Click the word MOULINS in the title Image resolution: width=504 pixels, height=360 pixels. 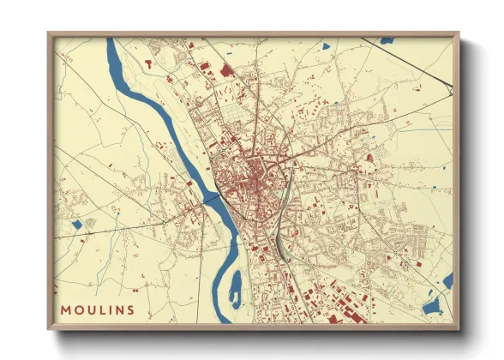(98, 309)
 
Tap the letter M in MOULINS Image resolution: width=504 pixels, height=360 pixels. (66, 309)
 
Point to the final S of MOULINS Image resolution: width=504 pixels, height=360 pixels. (130, 309)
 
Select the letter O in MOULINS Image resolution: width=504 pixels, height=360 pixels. (78, 309)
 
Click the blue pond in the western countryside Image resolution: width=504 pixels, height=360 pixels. (77, 225)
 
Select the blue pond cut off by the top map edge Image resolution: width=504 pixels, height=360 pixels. (387, 39)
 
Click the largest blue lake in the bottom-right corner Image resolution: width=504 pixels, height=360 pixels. (432, 306)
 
